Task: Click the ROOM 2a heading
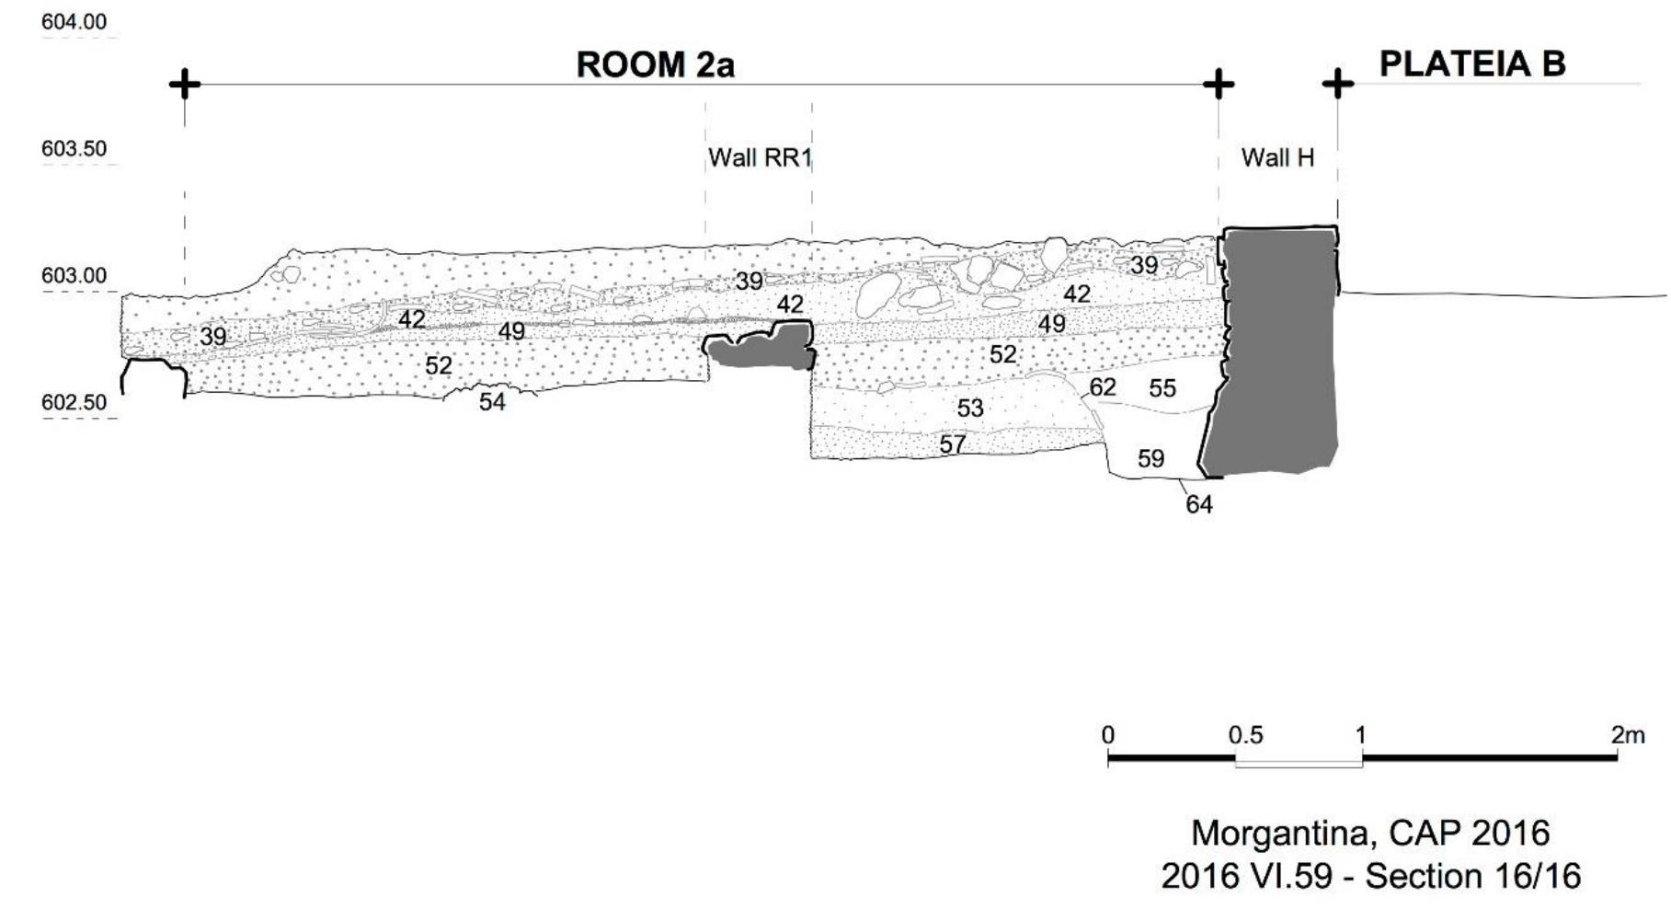click(x=655, y=65)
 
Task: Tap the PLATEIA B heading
click(x=1471, y=63)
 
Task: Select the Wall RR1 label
click(x=760, y=158)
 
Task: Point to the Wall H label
click(x=1277, y=157)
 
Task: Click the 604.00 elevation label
click(x=74, y=21)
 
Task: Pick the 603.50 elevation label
click(x=74, y=148)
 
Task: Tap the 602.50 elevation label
click(x=74, y=402)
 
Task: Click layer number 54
click(x=492, y=402)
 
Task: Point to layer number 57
click(x=953, y=445)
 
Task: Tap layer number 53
click(x=970, y=408)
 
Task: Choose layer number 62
click(x=1103, y=387)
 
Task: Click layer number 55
click(x=1162, y=388)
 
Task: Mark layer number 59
click(x=1150, y=458)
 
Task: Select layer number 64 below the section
click(x=1198, y=504)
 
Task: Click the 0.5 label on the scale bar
click(x=1245, y=735)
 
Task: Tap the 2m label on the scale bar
click(x=1627, y=735)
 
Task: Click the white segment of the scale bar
click(x=1298, y=761)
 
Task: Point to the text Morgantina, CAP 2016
click(x=1370, y=833)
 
